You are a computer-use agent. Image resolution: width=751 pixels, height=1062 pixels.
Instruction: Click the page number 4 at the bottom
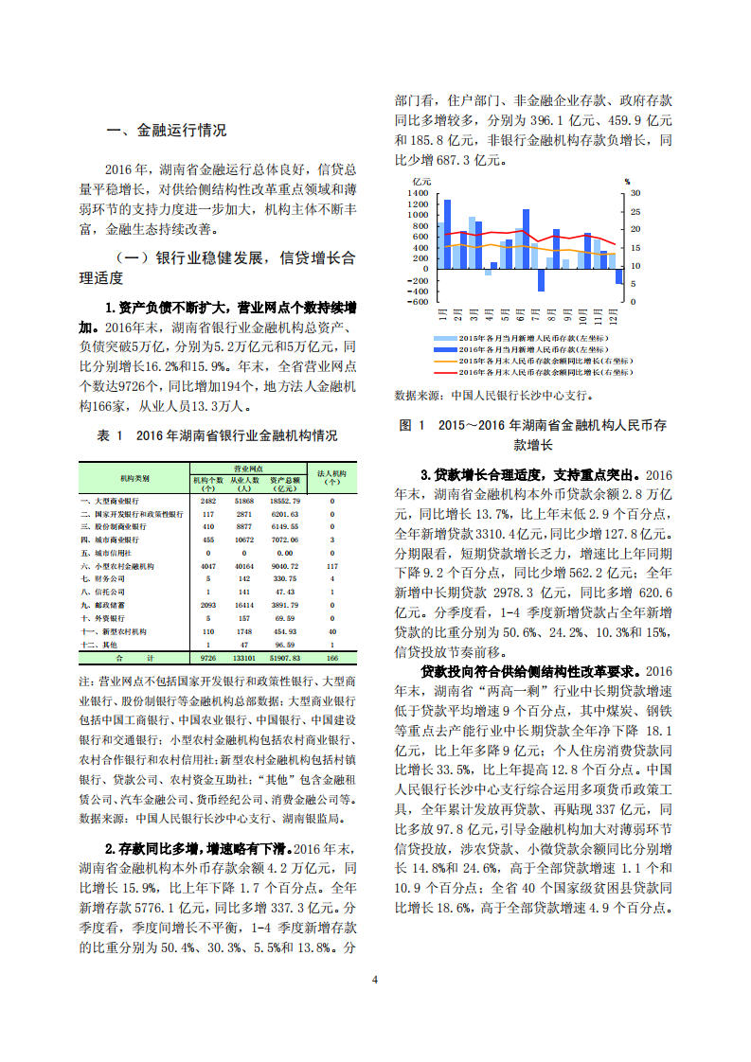pyautogui.click(x=375, y=979)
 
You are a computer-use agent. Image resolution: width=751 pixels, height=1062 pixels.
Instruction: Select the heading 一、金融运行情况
pyautogui.click(x=167, y=131)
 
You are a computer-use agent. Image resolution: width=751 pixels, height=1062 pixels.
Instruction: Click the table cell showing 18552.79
pyautogui.click(x=284, y=501)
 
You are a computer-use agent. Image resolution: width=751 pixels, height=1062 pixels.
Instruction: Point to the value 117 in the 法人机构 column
pyautogui.click(x=331, y=565)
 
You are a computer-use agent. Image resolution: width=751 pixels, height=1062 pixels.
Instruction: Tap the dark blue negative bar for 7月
pyautogui.click(x=541, y=280)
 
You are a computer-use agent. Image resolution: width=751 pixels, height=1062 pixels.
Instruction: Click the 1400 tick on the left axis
pyautogui.click(x=419, y=193)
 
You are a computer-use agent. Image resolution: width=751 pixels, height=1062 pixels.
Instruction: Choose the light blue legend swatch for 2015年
pyautogui.click(x=444, y=338)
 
